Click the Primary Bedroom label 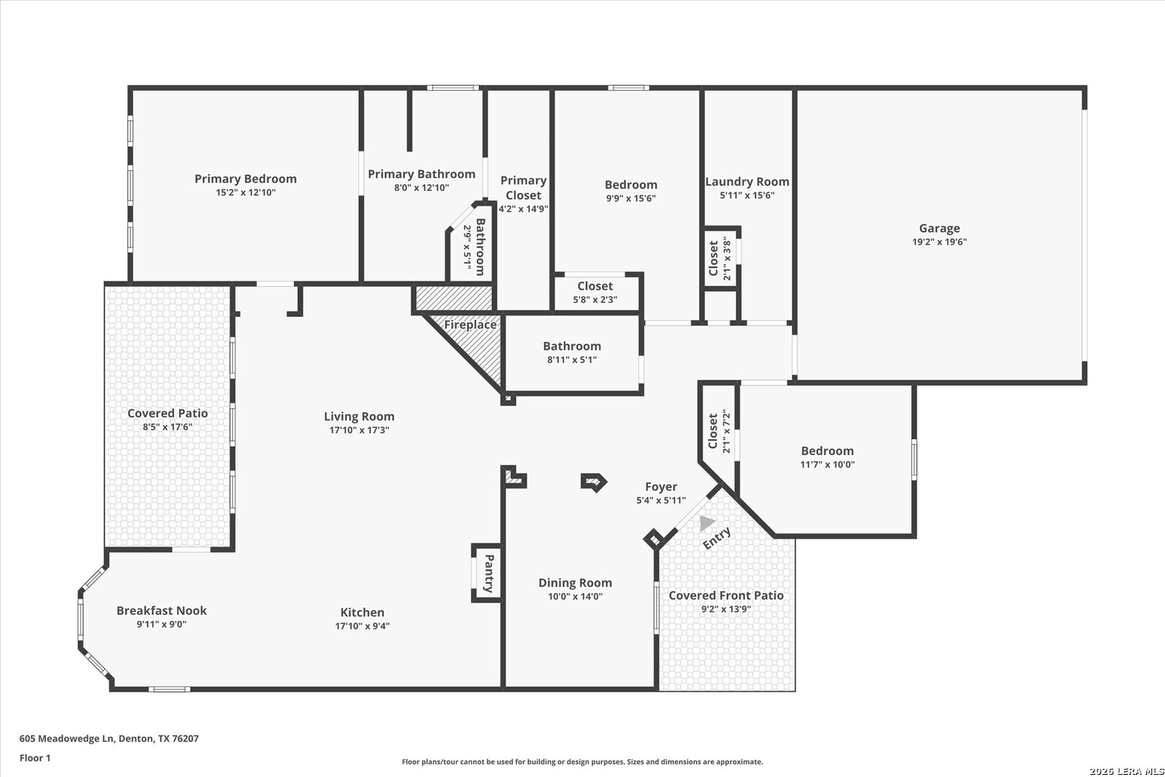[245, 179]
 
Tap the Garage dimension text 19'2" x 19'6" [939, 242]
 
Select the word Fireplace [470, 324]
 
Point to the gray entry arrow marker [707, 522]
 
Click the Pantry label [489, 573]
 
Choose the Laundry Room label [747, 181]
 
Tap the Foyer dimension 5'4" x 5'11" [661, 501]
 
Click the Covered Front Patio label [726, 596]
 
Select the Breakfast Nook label [162, 611]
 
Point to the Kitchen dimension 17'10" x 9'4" [362, 626]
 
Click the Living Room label [360, 417]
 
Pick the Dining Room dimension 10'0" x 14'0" [575, 596]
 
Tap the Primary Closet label [524, 188]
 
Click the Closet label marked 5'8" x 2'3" [595, 286]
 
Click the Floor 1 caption [35, 758]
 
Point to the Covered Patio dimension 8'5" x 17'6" [168, 427]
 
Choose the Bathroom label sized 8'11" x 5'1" [572, 346]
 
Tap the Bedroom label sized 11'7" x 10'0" [828, 451]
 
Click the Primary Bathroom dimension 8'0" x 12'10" [421, 188]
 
